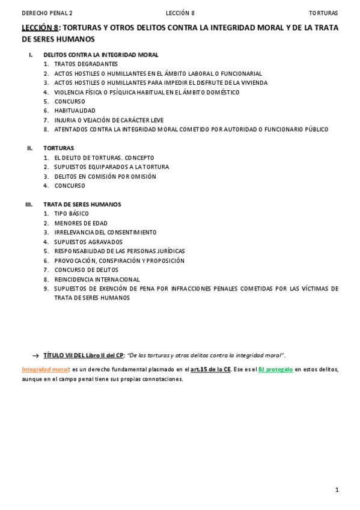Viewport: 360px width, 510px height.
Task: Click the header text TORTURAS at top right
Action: coord(323,13)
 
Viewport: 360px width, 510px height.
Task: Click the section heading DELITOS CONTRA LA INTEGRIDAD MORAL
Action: coord(101,55)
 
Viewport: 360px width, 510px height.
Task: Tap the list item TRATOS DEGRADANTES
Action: coord(86,64)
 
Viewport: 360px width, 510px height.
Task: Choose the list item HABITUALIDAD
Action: coord(75,111)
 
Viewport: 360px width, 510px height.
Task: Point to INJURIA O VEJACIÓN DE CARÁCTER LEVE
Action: coord(109,120)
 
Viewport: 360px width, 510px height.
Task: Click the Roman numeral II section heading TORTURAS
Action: coord(59,148)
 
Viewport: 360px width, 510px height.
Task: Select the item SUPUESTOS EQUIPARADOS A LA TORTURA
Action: coord(112,167)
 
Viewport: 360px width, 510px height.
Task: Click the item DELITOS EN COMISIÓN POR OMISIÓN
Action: coord(105,176)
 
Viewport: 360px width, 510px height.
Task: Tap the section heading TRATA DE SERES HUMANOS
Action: coord(82,204)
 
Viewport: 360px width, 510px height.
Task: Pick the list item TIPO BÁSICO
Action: coord(72,214)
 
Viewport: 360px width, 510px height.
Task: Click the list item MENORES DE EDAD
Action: coord(81,223)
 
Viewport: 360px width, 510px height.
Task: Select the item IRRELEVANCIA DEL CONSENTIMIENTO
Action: coord(105,232)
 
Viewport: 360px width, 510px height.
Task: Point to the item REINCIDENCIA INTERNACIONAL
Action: coord(97,279)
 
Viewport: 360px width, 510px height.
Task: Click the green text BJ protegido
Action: coord(275,369)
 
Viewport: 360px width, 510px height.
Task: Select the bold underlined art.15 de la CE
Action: coord(210,369)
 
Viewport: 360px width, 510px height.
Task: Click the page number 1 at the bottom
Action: coord(337,490)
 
